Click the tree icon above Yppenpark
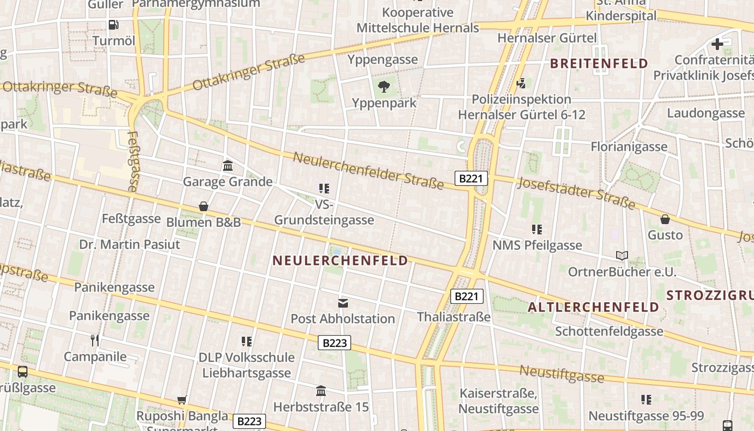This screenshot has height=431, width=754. coord(384,86)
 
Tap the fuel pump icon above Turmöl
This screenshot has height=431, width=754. coord(114,24)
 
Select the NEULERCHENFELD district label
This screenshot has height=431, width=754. coord(340,261)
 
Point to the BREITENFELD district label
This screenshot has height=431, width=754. coord(599,64)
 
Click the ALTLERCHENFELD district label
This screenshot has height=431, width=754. coord(593,307)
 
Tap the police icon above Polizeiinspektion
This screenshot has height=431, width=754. coord(521,84)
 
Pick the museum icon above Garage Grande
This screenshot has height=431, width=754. coord(227,165)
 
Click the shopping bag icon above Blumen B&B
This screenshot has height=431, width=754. coord(204,206)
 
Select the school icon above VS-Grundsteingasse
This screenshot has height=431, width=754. coord(324,188)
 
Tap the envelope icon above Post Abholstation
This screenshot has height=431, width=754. coord(343,303)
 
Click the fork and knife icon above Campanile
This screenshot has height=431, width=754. coord(95,340)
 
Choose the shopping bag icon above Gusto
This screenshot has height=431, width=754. coord(665,219)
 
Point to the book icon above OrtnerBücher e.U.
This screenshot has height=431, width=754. coord(622,255)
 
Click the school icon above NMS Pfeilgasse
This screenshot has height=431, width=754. coord(537,230)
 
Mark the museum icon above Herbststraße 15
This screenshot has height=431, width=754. coord(321,391)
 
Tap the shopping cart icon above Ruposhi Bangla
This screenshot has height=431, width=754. coord(182,400)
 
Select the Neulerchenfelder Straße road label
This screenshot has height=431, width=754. coord(368,171)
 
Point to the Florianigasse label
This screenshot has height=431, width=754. coord(629,147)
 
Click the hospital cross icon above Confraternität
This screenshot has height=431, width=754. coord(717,44)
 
